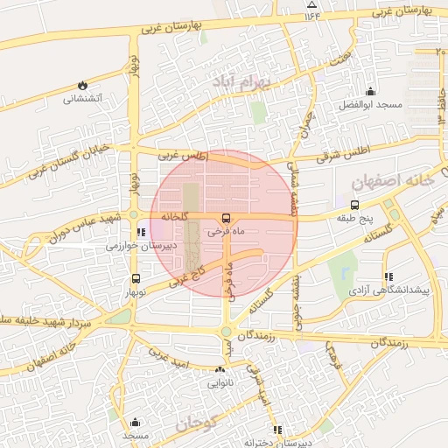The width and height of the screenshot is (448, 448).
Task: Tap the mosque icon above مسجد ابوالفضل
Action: pos(370,91)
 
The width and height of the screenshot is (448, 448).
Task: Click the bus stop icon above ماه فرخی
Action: pos(227,218)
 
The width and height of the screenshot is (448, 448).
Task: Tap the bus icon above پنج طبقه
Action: pos(354,203)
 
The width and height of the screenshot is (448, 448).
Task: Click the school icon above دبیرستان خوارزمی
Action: pos(142,233)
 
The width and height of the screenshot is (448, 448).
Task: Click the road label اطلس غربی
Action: pos(182,156)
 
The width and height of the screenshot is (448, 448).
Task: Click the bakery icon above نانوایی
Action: pos(220,369)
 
